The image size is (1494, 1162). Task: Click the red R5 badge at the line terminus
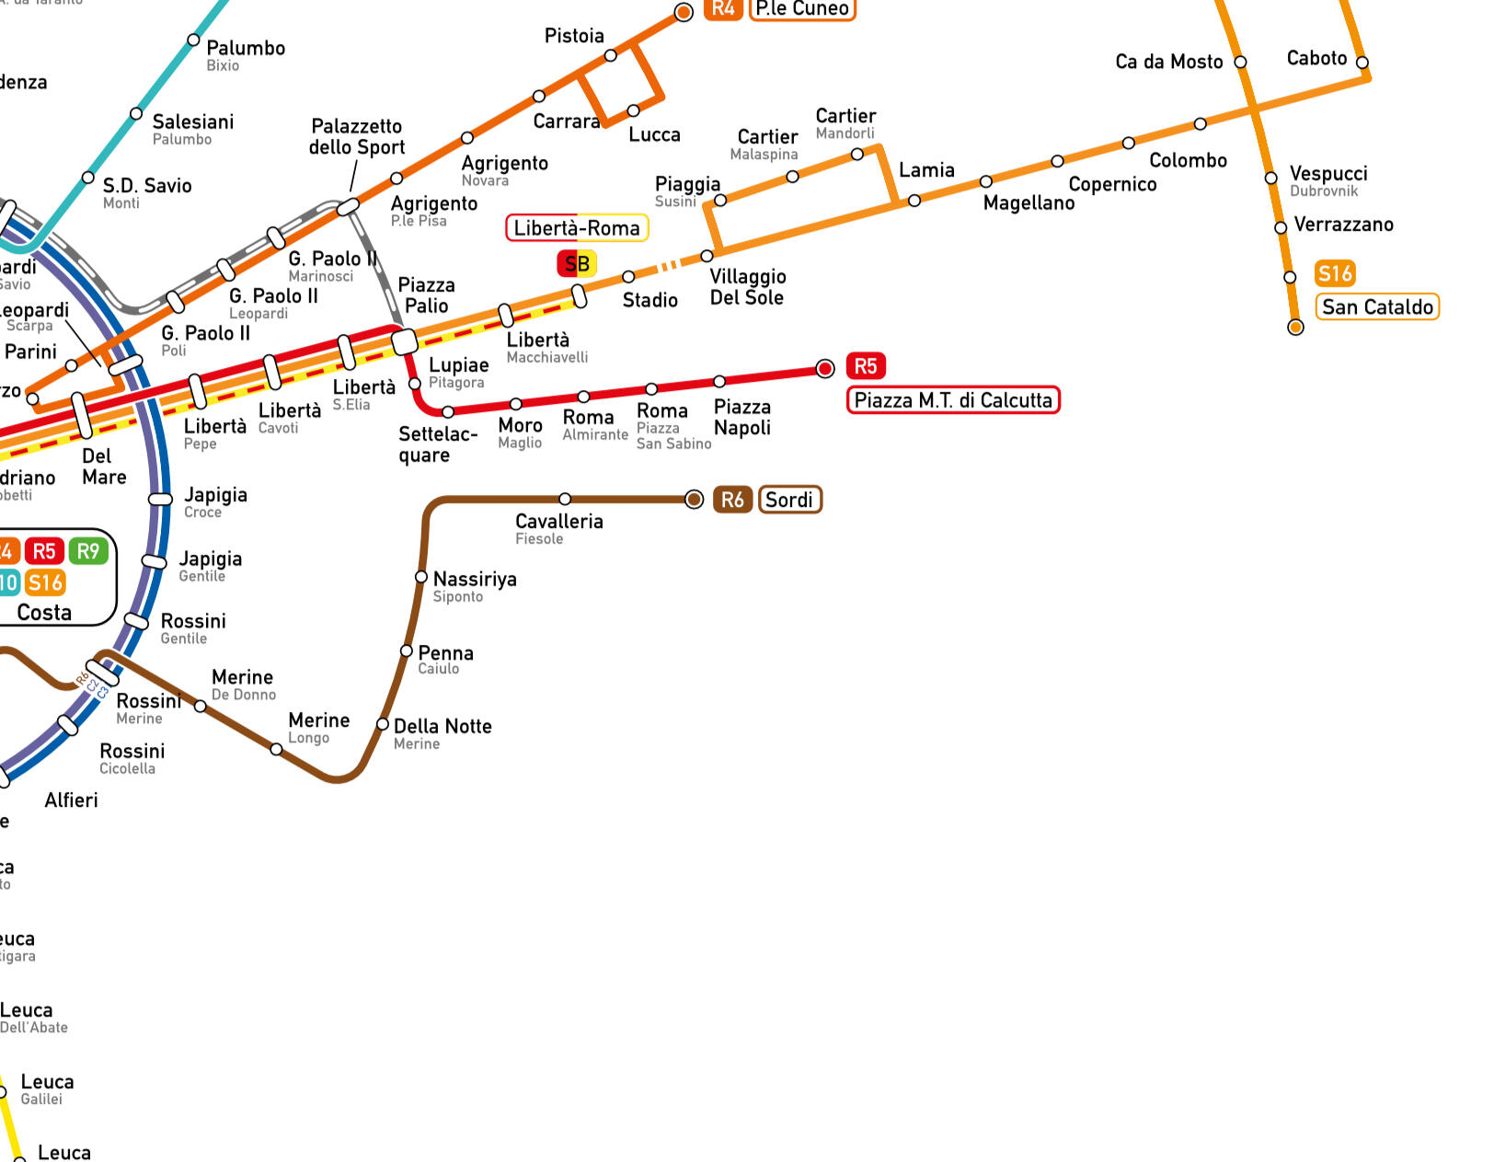click(865, 366)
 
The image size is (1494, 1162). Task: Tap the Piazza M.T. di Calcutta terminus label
click(952, 400)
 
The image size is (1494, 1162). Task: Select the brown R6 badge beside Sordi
click(732, 500)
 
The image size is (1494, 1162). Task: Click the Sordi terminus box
click(789, 500)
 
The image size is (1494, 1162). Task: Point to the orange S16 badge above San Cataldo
click(1335, 273)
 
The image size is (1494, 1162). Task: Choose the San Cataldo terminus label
click(1377, 307)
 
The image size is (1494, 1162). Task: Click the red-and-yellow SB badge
click(577, 264)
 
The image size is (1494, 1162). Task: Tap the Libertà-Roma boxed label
click(577, 228)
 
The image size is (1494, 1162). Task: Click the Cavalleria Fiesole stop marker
click(565, 499)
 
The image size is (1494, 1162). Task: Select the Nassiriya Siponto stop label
click(474, 586)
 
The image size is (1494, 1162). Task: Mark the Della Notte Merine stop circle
click(383, 724)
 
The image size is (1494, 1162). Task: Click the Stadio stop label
click(649, 300)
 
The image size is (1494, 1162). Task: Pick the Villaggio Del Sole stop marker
click(707, 256)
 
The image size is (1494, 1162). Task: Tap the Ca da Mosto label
click(1168, 62)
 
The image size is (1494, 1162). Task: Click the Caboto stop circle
click(1362, 63)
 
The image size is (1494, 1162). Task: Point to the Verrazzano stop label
click(1343, 224)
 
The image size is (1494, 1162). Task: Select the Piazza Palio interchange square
click(405, 342)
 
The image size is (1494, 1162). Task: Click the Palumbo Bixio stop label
click(245, 54)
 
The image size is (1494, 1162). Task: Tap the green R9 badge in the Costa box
click(88, 551)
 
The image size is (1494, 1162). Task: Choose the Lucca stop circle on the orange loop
click(633, 111)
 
